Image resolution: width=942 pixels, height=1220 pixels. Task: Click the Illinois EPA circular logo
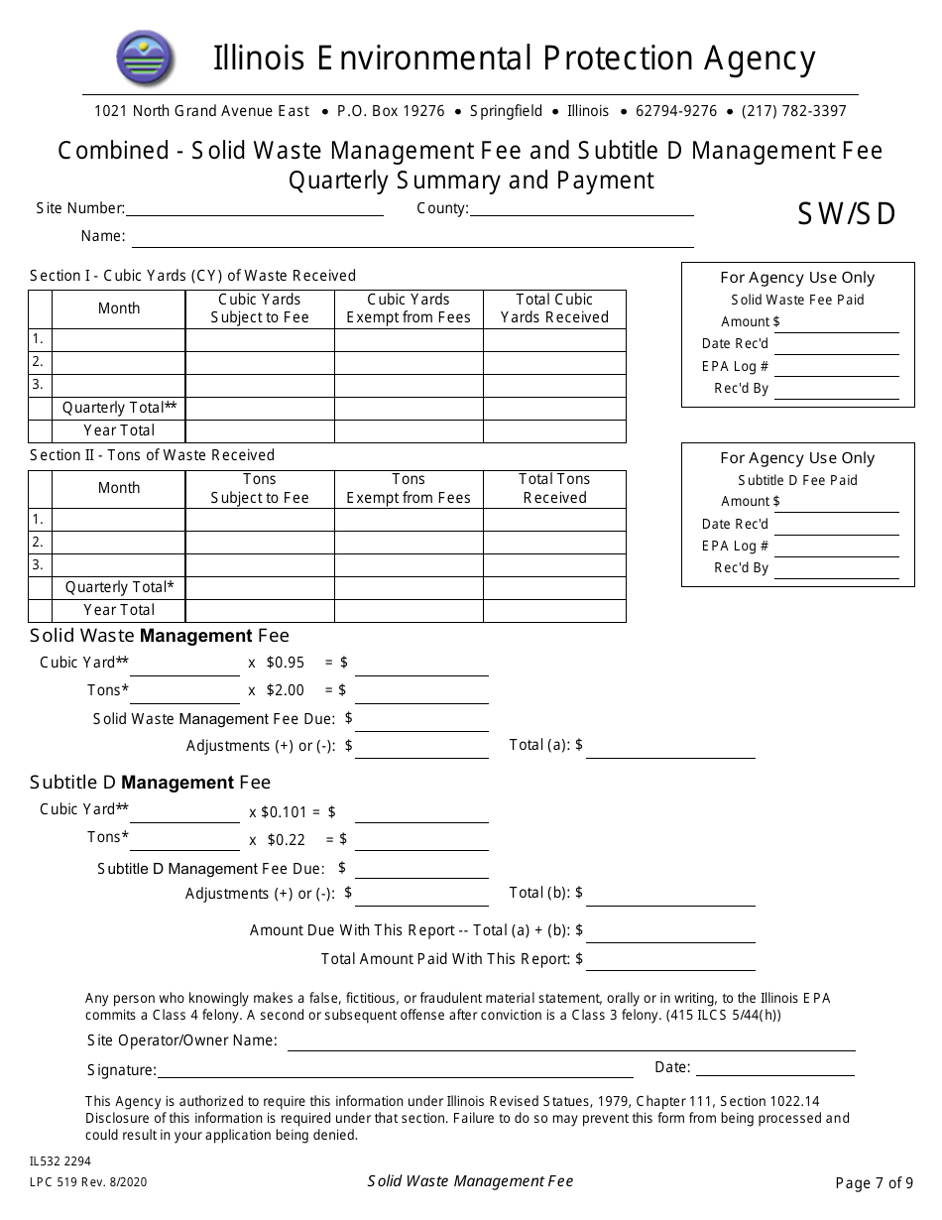click(x=145, y=58)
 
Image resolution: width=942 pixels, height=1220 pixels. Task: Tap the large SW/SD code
click(x=847, y=214)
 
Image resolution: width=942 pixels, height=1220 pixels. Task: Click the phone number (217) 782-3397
click(x=794, y=111)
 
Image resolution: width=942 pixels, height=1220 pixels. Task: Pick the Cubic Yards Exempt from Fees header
click(x=409, y=308)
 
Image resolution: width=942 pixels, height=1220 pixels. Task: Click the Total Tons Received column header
click(x=554, y=488)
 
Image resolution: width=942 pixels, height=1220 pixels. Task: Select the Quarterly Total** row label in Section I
click(x=119, y=408)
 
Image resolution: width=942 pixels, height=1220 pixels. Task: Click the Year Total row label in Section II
click(x=119, y=610)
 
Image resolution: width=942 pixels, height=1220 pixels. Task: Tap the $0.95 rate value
click(x=285, y=663)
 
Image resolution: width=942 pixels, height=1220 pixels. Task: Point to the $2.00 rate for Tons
click(x=285, y=690)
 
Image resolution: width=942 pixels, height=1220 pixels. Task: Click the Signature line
click(x=395, y=1070)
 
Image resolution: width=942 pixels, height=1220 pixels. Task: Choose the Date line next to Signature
click(x=775, y=1068)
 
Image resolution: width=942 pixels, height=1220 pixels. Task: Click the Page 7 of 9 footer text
click(x=874, y=1182)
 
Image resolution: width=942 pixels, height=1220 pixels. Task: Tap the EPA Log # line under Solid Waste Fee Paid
click(x=836, y=369)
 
